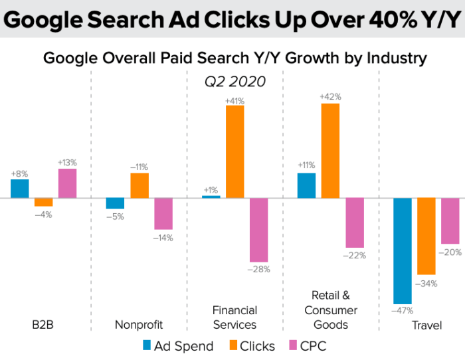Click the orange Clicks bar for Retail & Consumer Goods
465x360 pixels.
coord(330,151)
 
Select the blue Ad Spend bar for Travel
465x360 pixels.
coord(403,250)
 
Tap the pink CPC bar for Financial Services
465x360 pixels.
coord(259,230)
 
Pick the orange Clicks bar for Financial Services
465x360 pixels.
coord(235,151)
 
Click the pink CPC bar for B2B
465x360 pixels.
coord(68,183)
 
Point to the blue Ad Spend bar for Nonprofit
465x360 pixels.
coord(116,203)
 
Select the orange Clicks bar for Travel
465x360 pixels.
coord(426,236)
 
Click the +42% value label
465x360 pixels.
coord(330,97)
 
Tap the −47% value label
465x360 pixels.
coord(403,310)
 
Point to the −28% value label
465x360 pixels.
coord(259,269)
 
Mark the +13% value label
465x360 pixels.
coord(68,162)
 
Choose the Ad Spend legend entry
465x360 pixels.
coord(178,345)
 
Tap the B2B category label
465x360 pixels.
coord(43,325)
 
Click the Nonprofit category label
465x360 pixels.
coord(139,325)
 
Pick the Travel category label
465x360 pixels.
coord(426,325)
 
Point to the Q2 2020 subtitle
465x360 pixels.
coord(234,82)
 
